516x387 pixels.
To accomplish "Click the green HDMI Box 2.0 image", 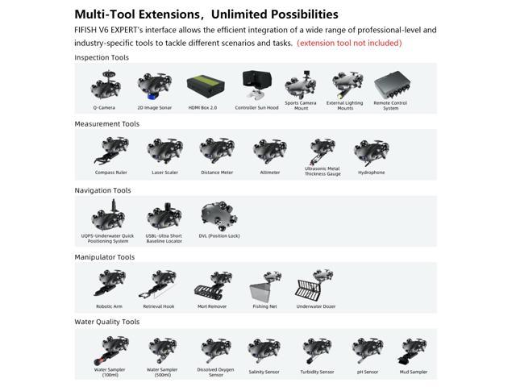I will click(x=203, y=85).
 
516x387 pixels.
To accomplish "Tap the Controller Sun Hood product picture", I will click(x=256, y=85).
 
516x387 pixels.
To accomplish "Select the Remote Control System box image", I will click(x=391, y=85).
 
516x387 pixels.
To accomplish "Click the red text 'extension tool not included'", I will click(x=349, y=43).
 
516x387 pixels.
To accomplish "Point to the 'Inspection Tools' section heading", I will click(x=102, y=58).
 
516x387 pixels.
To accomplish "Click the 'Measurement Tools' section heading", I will click(x=106, y=124).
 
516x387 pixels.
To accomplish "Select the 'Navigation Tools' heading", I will click(x=102, y=190).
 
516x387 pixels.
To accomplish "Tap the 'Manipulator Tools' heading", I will click(x=105, y=257).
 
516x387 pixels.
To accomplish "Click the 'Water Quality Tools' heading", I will click(x=107, y=322).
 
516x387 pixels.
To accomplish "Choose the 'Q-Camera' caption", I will click(x=104, y=106).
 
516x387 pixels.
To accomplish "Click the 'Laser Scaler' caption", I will click(x=164, y=172).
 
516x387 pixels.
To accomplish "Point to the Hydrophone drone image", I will click(x=371, y=152).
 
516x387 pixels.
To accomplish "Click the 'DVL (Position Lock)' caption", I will click(x=219, y=236).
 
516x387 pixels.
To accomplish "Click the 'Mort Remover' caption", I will click(x=212, y=306).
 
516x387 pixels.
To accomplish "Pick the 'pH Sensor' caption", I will click(x=366, y=372).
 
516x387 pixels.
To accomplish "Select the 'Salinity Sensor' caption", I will click(x=264, y=372).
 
